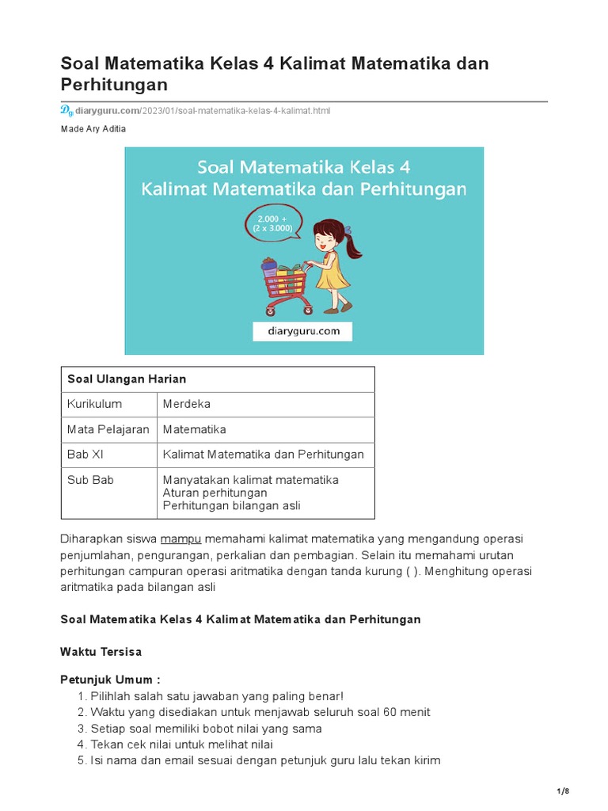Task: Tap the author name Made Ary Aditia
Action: tap(93, 129)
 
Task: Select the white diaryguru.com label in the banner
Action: tap(303, 331)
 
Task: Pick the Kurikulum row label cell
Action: tap(95, 404)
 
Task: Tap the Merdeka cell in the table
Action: tap(187, 404)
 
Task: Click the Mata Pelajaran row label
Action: tap(108, 429)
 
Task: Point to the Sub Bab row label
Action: tap(91, 480)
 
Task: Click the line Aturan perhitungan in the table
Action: tap(215, 493)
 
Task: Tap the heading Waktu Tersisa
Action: tap(101, 652)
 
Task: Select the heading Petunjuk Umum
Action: tap(111, 680)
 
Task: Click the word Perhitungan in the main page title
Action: tap(114, 84)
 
